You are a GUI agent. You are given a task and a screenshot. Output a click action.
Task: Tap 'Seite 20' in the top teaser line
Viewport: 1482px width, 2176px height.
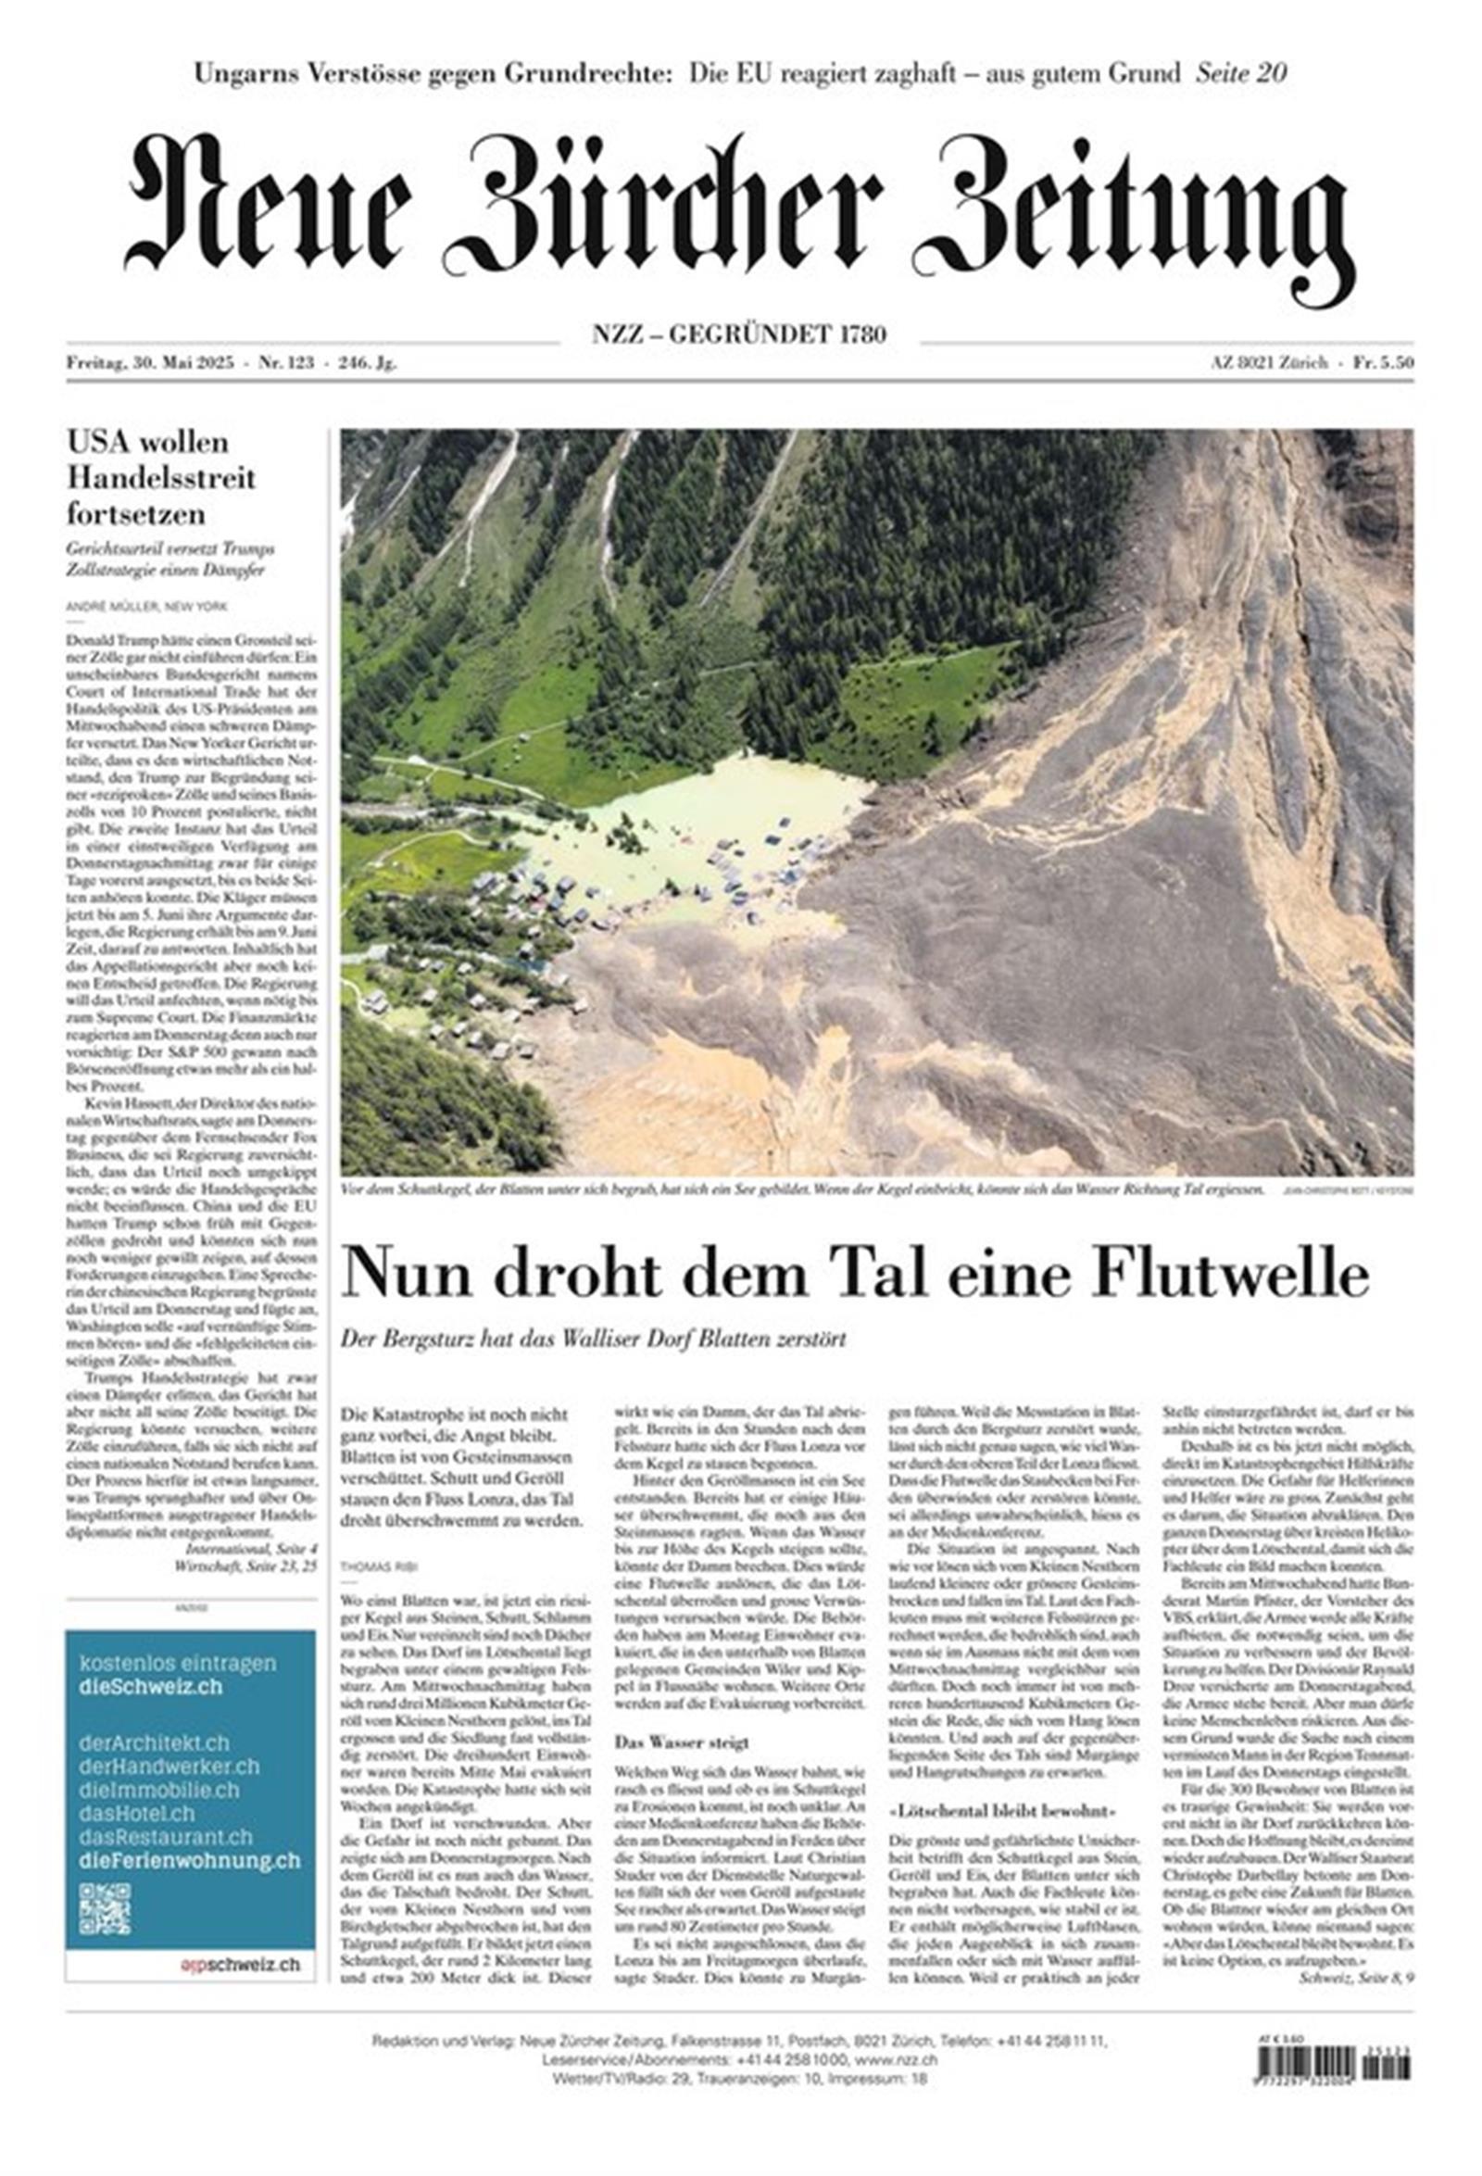click(x=1239, y=73)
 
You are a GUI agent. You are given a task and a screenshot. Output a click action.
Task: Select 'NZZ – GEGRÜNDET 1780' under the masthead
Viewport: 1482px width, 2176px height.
click(x=738, y=333)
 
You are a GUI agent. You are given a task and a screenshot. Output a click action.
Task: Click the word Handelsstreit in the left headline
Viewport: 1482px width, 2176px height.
click(x=161, y=477)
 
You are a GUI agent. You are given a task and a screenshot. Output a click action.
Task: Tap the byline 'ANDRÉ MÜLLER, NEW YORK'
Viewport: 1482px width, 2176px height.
click(x=147, y=607)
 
